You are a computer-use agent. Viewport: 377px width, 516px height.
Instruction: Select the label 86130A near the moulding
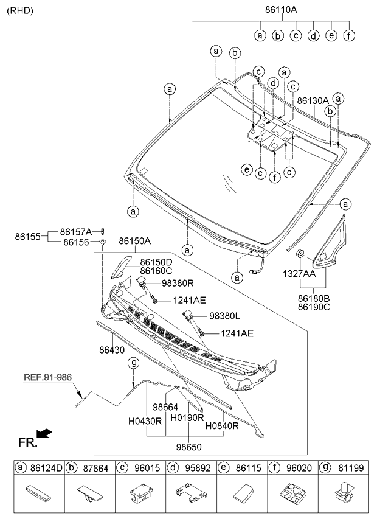313,100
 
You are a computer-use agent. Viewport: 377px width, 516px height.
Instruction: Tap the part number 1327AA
299,274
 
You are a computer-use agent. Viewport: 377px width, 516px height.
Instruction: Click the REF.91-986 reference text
48,377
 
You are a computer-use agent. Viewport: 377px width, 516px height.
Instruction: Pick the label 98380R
178,284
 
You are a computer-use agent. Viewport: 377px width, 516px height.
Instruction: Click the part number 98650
188,447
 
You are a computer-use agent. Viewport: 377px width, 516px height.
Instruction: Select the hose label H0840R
222,426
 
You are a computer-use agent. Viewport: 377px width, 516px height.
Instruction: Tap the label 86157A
77,232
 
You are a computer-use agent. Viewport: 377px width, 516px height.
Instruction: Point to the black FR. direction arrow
44,433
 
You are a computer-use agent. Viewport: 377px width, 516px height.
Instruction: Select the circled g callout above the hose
133,363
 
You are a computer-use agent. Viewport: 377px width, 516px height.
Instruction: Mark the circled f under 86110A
348,35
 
